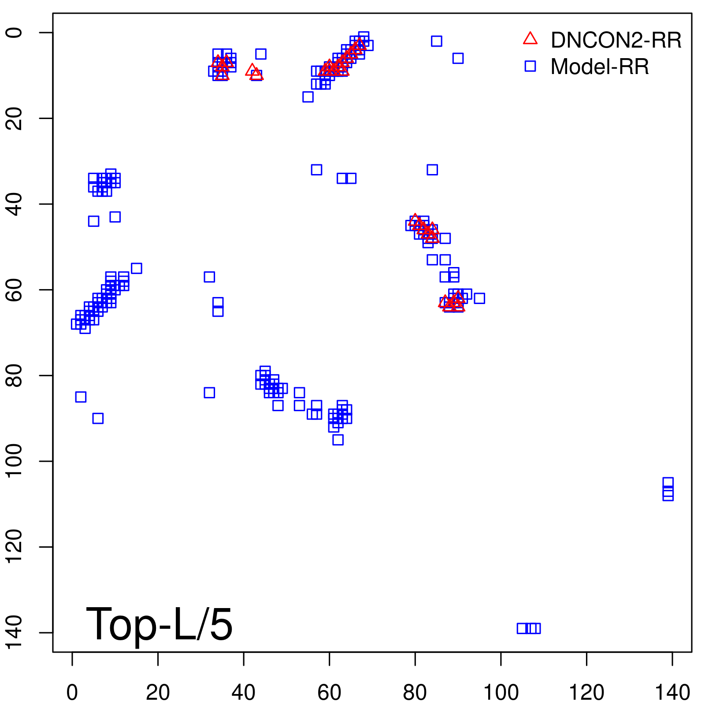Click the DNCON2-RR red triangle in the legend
(530, 39)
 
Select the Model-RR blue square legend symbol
(530, 66)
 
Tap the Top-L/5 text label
(159, 624)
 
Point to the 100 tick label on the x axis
(501, 693)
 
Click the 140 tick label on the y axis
(14, 633)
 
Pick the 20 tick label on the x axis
(158, 693)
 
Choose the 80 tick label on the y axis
(14, 375)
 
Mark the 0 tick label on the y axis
(14, 33)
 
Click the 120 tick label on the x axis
(586, 693)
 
